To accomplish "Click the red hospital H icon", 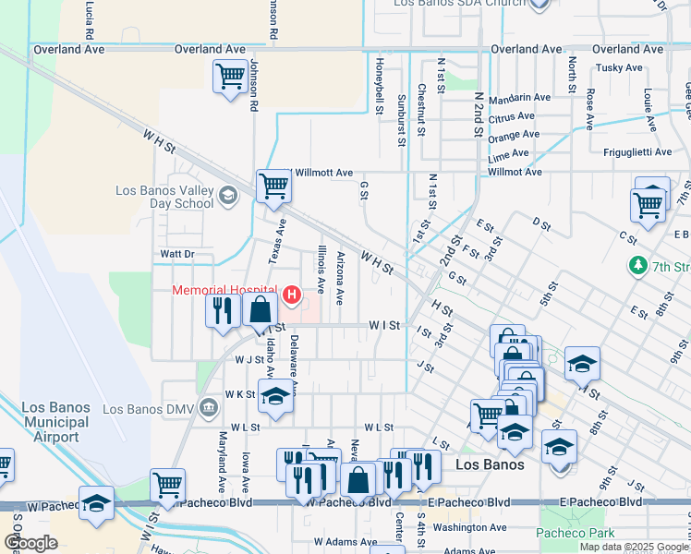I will (x=292, y=295).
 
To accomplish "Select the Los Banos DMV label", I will (x=152, y=408).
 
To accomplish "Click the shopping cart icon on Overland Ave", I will (x=229, y=78).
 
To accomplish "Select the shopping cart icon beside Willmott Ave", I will (x=274, y=186).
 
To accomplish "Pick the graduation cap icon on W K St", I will (x=274, y=397).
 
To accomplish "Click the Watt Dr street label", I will (x=177, y=253).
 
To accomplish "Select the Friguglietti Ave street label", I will (x=642, y=152).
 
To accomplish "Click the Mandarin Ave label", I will (x=520, y=97).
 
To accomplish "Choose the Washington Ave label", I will (x=470, y=527).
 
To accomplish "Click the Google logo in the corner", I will (x=30, y=543).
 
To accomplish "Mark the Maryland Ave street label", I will (x=222, y=461).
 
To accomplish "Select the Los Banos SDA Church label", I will (x=459, y=4).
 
